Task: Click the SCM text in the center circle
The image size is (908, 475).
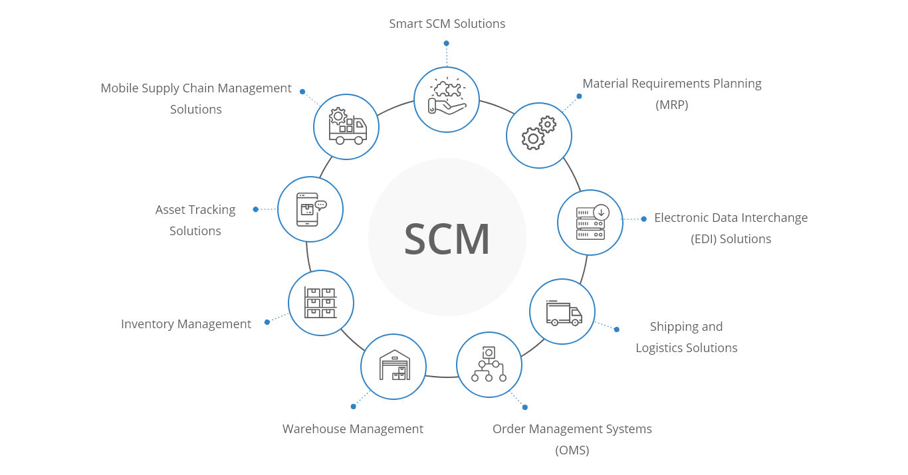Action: [x=447, y=238]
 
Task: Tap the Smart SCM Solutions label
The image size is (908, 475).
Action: [x=447, y=24]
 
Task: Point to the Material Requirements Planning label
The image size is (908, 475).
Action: [x=672, y=84]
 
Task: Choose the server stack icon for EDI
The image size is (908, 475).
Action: [x=590, y=223]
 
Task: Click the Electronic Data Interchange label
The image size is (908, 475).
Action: [x=731, y=218]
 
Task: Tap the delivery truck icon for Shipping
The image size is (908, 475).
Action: [x=562, y=312]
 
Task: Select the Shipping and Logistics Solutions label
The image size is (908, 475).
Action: [x=687, y=337]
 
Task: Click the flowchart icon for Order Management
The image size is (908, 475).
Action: [x=489, y=365]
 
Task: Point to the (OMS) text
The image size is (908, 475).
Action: [x=572, y=450]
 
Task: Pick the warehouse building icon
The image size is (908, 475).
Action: [x=394, y=367]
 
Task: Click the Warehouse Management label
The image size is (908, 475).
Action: [x=353, y=429]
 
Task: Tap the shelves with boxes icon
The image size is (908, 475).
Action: [x=321, y=303]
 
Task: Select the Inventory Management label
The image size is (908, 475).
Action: [x=186, y=324]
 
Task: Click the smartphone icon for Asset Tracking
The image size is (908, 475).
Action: [x=310, y=209]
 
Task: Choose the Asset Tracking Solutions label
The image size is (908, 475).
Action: [x=195, y=220]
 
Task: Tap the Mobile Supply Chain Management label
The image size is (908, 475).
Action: [x=196, y=88]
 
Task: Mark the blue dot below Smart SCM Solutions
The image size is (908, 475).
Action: [x=446, y=43]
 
